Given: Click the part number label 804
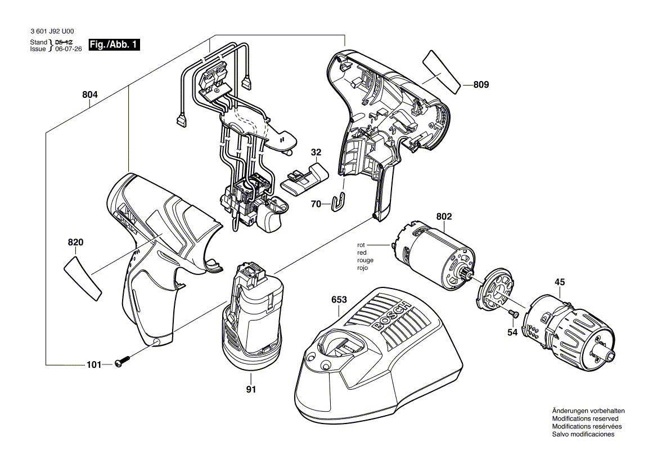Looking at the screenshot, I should point(90,96).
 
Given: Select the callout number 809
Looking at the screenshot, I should point(480,85).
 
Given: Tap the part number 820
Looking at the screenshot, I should point(75,242).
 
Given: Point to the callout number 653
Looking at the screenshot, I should point(339,300).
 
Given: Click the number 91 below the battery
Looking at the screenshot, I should point(250,388).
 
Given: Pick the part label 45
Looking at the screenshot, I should point(560,282).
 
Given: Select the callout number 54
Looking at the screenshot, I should point(512,333).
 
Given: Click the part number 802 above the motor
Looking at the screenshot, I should point(444,216).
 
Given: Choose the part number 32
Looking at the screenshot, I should point(316,152).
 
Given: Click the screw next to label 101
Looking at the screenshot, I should point(122,363).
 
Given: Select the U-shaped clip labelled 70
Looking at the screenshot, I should point(339,202).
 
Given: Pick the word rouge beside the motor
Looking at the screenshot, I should point(365,260).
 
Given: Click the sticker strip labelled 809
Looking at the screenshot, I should point(441,72).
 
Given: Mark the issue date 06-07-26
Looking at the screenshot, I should point(68,49).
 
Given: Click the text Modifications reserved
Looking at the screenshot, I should point(585,418).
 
